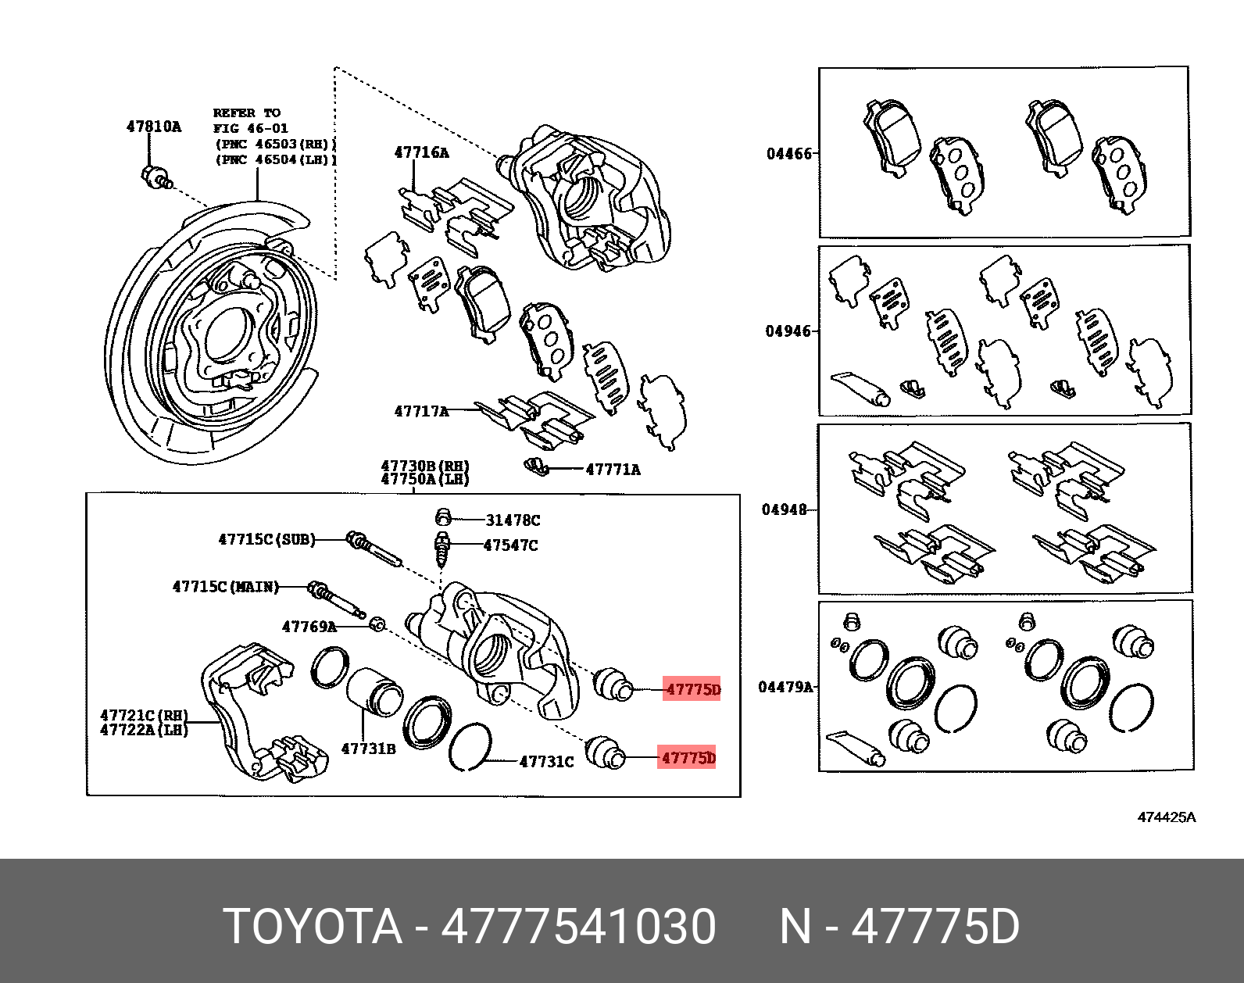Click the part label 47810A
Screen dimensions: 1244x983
[x=153, y=127]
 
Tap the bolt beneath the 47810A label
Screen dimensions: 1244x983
[x=154, y=177]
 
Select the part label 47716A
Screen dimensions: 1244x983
[x=421, y=152]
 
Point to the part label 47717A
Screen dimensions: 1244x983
[x=421, y=411]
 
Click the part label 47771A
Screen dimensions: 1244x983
[x=613, y=470]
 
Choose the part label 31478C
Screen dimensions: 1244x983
[x=513, y=520]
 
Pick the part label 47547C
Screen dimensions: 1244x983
[x=510, y=545]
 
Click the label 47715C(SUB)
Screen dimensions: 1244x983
[x=266, y=539]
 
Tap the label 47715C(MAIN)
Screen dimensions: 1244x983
[x=226, y=586]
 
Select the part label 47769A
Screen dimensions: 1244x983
[x=309, y=627]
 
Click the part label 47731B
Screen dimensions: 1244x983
[x=368, y=749]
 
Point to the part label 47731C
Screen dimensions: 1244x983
[x=546, y=761]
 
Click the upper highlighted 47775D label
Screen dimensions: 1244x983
[x=692, y=689]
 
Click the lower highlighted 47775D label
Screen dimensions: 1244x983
[x=688, y=758]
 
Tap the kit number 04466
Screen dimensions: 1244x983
[x=789, y=154]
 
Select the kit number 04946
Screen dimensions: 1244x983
[x=788, y=331]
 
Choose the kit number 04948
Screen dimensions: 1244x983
[x=785, y=509]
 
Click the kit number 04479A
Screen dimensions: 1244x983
[x=785, y=687]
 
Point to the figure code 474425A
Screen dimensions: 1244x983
[x=1166, y=817]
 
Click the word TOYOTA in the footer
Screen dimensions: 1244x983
[x=313, y=927]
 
